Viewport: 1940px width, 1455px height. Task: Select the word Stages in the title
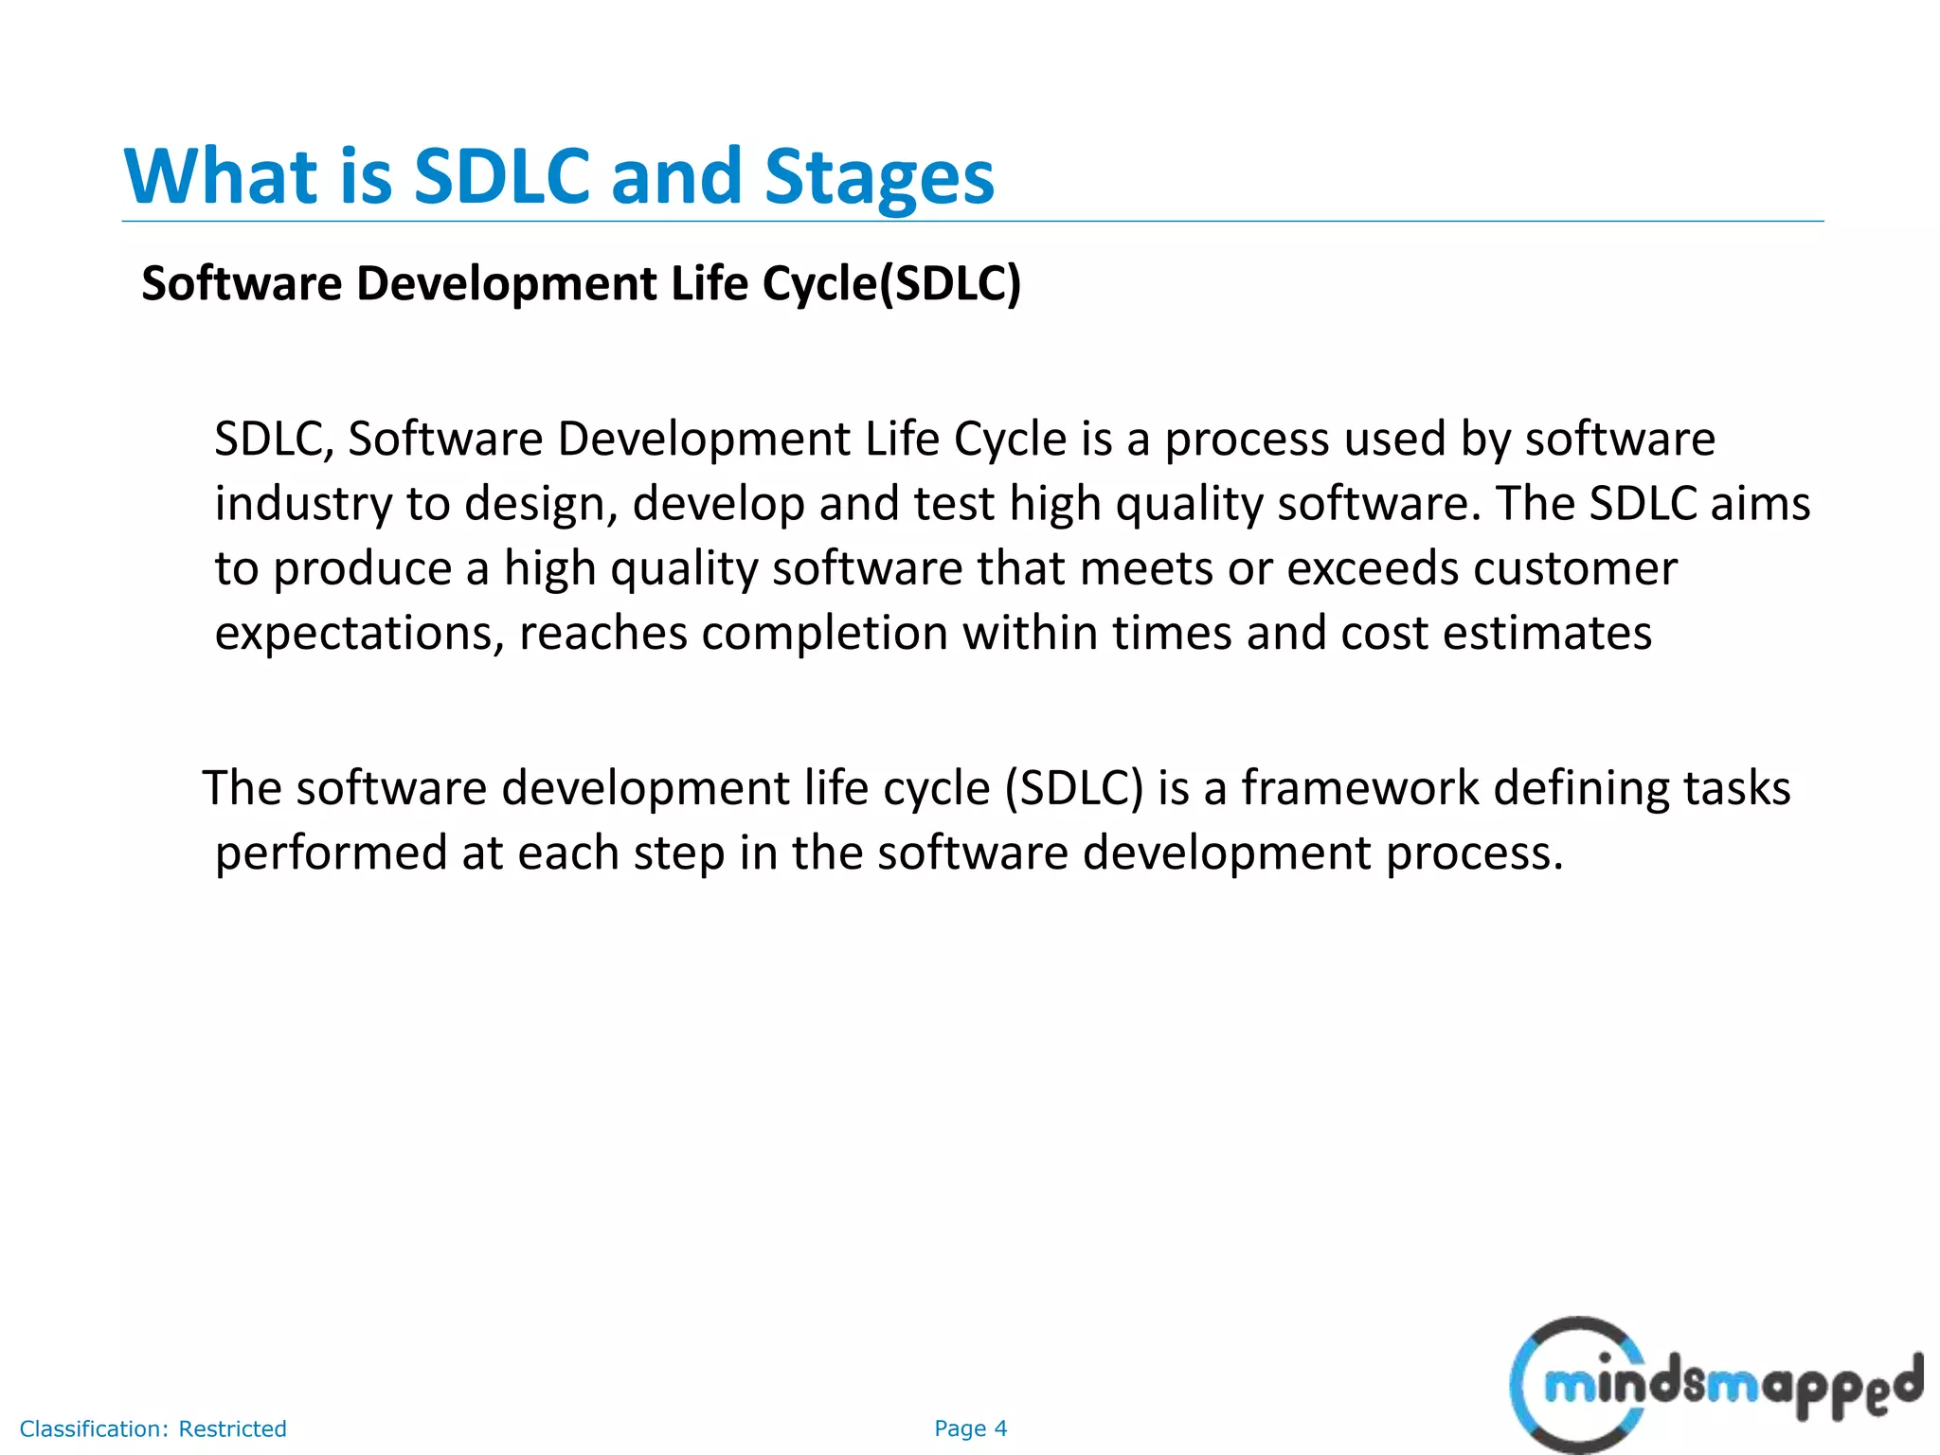tap(879, 178)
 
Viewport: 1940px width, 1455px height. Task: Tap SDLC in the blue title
tap(502, 176)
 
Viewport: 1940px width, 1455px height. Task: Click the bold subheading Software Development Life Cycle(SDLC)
tap(581, 283)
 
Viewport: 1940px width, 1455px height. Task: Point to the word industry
tap(302, 504)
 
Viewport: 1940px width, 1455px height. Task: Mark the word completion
tap(825, 633)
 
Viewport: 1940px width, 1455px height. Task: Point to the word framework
tap(1360, 788)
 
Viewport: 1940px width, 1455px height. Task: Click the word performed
tap(331, 853)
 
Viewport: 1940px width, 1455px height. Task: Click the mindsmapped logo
tap(1715, 1385)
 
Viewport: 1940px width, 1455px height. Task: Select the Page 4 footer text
tap(970, 1428)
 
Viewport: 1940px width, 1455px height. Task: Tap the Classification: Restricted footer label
tap(153, 1428)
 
